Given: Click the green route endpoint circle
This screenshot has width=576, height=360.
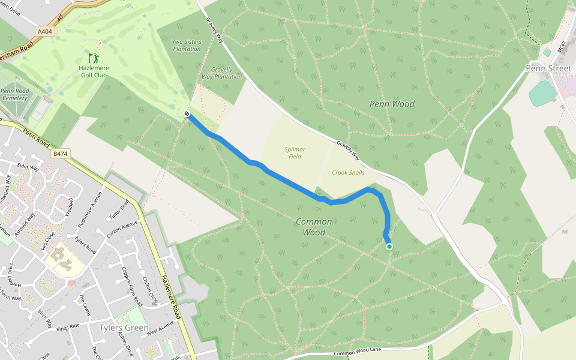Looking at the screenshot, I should pos(389,247).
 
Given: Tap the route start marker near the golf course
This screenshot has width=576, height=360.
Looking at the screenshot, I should pos(188,113).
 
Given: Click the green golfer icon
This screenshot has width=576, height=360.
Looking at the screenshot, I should pos(93,58).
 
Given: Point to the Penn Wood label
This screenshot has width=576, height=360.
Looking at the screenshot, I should pos(392,104).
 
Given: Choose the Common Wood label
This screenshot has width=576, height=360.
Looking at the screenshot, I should pos(314,227).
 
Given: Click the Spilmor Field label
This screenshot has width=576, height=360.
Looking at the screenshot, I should pos(295,152).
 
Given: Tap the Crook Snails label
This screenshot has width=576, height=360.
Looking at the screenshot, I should pos(348,172).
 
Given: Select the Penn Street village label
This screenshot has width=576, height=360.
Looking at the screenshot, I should pos(548,68).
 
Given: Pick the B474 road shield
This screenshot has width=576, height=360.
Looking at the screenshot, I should pos(59,154).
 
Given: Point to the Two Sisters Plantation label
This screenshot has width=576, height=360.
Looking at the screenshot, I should pos(187,45).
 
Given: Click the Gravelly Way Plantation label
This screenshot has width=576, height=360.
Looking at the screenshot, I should pos(221,73).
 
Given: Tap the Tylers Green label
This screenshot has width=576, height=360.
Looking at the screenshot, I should pos(124,328).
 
